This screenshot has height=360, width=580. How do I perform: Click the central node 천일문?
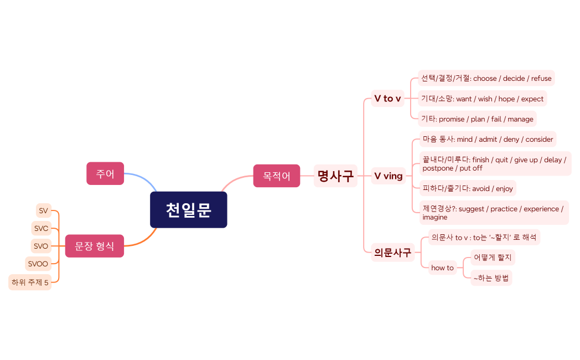pos(188,210)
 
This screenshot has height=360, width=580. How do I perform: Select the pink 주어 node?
pos(105,173)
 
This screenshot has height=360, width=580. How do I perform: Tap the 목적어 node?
pos(277,176)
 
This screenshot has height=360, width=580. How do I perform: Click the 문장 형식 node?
pos(95,246)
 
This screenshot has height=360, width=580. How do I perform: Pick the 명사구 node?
pos(335,176)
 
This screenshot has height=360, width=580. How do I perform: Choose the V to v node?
pos(387,99)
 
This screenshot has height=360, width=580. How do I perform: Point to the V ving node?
pos(389,176)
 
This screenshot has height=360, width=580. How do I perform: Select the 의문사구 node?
pos(393,253)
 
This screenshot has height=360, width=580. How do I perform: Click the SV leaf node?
pos(43,210)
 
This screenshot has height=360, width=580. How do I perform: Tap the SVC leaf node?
pos(42,228)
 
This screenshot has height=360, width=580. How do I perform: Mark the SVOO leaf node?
pos(38,264)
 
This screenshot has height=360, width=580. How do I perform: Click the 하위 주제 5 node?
pos(30,282)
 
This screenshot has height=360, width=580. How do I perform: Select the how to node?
pos(442,268)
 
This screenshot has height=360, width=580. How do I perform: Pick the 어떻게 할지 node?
pos(493,258)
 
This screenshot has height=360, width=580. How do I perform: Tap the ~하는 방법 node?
pos(491,278)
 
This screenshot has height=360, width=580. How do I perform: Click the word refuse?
pos(541,79)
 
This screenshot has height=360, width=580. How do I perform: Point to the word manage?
pos(520,119)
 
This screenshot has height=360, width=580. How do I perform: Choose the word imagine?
pos(435,218)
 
